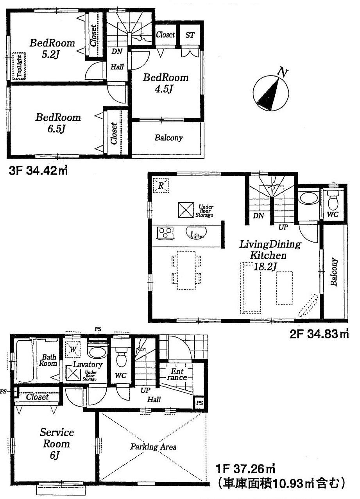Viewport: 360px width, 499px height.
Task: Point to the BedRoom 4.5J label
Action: [x=165, y=83]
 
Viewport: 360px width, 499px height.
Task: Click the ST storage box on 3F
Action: [x=190, y=35]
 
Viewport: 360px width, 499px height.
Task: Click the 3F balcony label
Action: [x=168, y=138]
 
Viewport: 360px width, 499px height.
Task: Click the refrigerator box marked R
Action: [x=161, y=186]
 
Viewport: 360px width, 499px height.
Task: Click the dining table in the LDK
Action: [x=186, y=270]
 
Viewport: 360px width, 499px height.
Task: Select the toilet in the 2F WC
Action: [x=332, y=200]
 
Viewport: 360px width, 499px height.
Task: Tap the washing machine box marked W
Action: [x=73, y=348]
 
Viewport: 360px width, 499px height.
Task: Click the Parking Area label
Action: [x=153, y=447]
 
